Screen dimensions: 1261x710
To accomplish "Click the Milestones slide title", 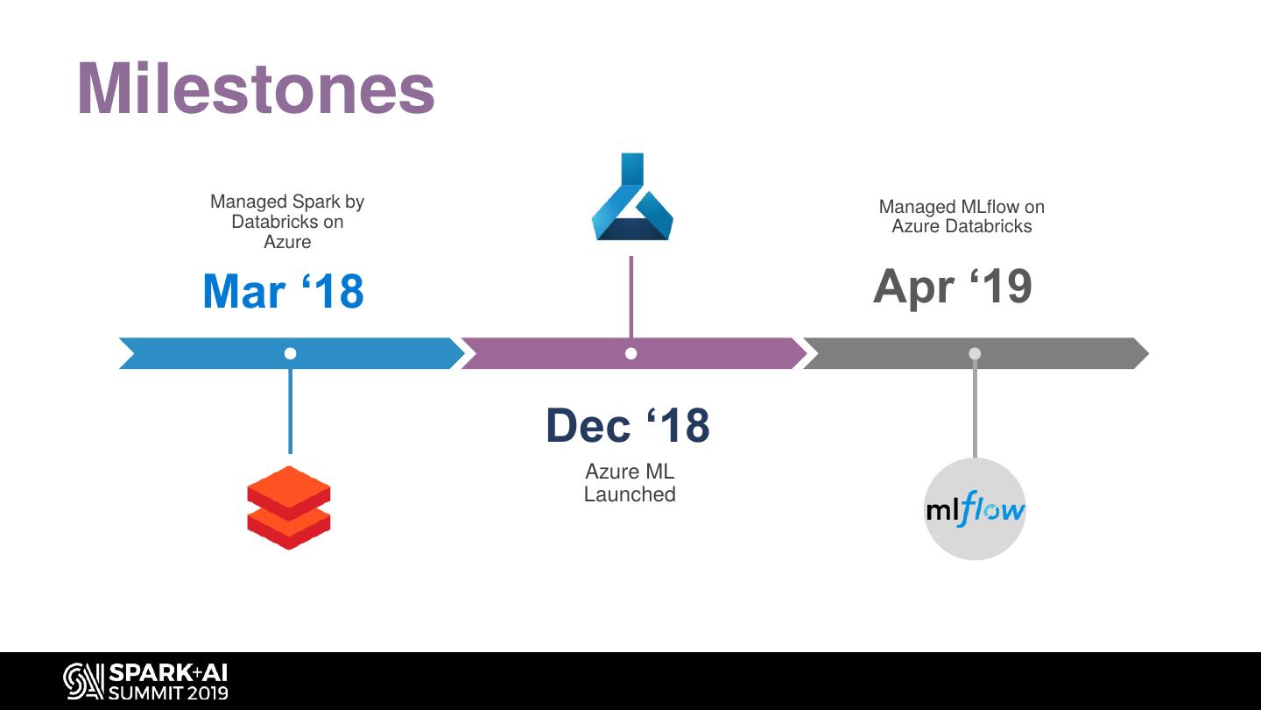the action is [256, 89].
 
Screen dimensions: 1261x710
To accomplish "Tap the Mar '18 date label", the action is [283, 292].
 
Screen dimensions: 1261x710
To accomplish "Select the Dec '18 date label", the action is [627, 425].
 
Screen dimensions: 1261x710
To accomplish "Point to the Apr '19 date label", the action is [953, 286].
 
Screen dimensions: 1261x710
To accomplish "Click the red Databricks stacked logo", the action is [289, 508].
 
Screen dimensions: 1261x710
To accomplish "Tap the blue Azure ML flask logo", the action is [631, 198].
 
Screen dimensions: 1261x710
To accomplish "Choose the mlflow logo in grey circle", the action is [975, 509].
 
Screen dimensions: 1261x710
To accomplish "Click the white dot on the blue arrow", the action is [291, 353].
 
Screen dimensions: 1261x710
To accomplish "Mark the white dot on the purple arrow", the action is [631, 353].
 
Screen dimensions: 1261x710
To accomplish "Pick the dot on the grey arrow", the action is [975, 353].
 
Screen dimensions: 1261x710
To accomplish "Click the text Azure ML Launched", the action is [630, 483].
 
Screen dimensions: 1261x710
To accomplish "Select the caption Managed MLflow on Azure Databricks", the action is [962, 217].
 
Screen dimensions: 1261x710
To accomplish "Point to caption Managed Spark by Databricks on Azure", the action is [287, 221].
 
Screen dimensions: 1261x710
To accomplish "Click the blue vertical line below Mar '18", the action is [291, 410].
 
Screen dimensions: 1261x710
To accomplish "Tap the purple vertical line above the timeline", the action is [631, 296].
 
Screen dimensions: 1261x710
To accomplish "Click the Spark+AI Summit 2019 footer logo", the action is [145, 682].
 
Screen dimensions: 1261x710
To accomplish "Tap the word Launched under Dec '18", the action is [630, 494].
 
